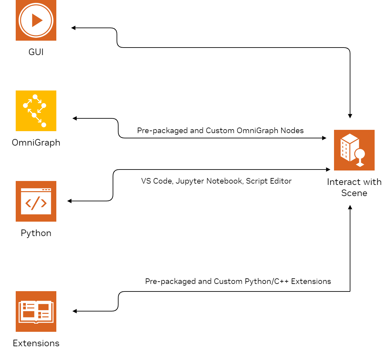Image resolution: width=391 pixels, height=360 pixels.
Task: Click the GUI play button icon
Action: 36,20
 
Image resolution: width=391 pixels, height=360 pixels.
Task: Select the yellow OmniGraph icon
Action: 36,111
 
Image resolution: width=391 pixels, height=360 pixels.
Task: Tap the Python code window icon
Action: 36,201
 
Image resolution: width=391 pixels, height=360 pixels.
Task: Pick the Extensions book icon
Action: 36,311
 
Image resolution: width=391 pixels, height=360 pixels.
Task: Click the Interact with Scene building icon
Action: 354,150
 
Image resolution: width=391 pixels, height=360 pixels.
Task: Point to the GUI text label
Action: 36,52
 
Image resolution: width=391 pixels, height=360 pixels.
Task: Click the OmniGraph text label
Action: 36,143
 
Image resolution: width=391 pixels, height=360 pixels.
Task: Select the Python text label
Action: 36,233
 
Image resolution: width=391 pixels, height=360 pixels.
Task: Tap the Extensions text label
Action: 36,343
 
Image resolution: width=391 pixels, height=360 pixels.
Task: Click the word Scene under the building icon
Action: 354,193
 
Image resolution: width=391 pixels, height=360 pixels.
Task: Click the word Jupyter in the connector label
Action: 190,181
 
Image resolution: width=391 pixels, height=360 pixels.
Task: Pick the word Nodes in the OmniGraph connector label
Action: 294,130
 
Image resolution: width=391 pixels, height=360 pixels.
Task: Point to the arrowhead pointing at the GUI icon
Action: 73,28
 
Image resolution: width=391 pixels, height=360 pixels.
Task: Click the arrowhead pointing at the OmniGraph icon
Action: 75,118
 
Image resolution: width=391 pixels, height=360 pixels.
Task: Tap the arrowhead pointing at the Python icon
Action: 69,201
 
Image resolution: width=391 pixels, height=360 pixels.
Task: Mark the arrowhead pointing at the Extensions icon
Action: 75,311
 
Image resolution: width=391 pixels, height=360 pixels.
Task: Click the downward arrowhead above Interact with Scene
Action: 350,116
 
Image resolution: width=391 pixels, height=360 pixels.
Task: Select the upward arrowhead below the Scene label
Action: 350,207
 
